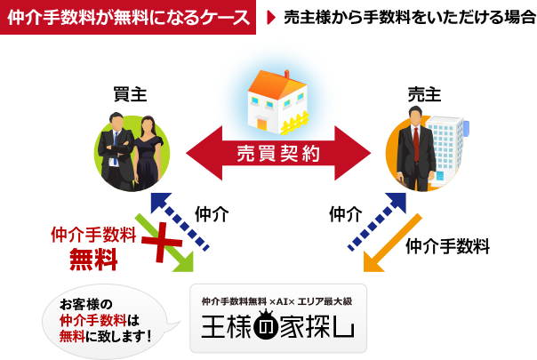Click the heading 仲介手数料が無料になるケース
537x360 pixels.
pyautogui.click(x=128, y=17)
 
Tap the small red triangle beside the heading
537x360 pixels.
pyautogui.click(x=270, y=17)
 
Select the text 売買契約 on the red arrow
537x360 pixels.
pyautogui.click(x=278, y=153)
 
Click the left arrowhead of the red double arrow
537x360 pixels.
pyautogui.click(x=201, y=154)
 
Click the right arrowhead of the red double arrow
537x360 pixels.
pyautogui.click(x=355, y=154)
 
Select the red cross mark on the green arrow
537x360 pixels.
pyautogui.click(x=160, y=241)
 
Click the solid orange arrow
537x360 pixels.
pyautogui.click(x=391, y=244)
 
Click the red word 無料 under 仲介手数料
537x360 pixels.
pyautogui.click(x=93, y=260)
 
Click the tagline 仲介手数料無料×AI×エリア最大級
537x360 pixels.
pyautogui.click(x=277, y=300)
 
